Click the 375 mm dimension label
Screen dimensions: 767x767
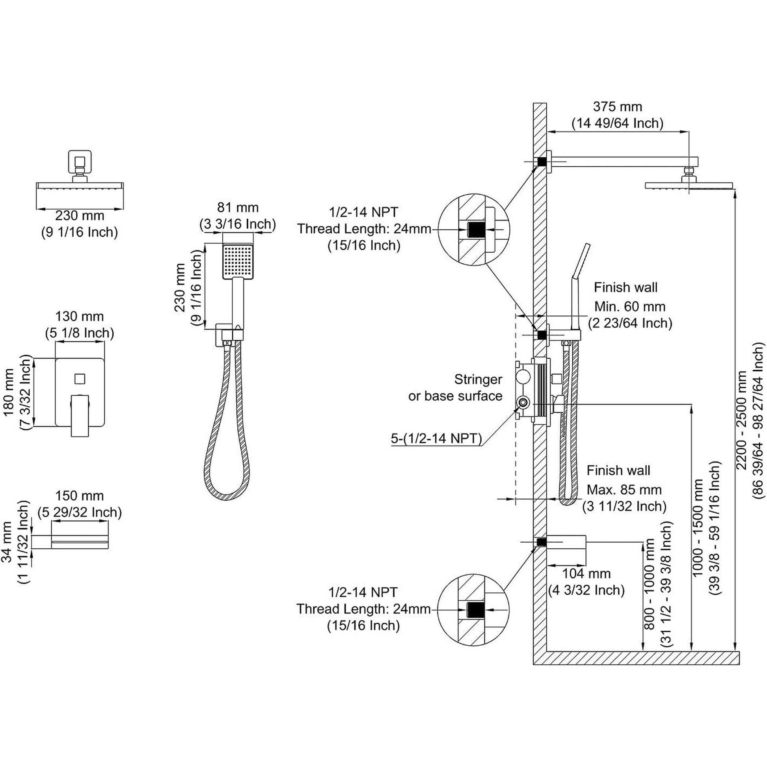click(x=617, y=107)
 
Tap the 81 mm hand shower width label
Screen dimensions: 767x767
click(x=237, y=207)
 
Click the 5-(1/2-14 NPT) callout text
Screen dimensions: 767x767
click(x=436, y=438)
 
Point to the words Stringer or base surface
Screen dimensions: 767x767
click(x=455, y=387)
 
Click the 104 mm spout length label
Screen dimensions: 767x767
click(x=586, y=573)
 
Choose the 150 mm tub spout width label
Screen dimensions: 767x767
click(x=79, y=495)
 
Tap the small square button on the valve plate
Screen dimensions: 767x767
click(x=80, y=379)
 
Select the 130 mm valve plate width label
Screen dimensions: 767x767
click(x=79, y=316)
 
